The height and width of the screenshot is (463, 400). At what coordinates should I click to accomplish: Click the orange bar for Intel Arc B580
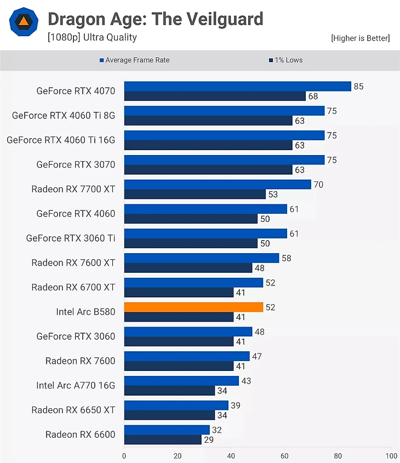193,307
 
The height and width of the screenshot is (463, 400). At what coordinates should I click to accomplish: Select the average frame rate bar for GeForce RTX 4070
237,87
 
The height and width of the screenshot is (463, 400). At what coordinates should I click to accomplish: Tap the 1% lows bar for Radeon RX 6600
163,439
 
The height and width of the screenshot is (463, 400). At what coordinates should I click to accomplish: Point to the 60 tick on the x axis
284,455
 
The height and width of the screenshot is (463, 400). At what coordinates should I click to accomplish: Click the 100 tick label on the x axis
391,455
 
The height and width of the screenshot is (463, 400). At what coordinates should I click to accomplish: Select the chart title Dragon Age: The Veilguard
156,20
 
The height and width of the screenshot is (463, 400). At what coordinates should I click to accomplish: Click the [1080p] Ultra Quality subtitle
92,37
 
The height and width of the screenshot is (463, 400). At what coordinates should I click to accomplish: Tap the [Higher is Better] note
360,38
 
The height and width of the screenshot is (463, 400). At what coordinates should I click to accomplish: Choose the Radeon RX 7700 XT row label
73,189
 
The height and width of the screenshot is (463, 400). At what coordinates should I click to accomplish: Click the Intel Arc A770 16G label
76,385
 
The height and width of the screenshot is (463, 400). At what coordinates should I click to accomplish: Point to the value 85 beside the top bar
358,87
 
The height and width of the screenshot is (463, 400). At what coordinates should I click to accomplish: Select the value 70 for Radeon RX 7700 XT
318,185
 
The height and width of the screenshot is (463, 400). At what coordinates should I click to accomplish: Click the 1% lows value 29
209,439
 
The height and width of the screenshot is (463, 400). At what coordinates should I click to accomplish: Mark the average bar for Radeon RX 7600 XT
201,258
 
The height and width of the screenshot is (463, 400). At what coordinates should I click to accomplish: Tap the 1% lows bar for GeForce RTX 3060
179,341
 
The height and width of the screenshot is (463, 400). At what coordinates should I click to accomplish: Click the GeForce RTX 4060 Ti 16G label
61,140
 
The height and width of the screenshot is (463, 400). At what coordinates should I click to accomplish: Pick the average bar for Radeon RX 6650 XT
176,405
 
